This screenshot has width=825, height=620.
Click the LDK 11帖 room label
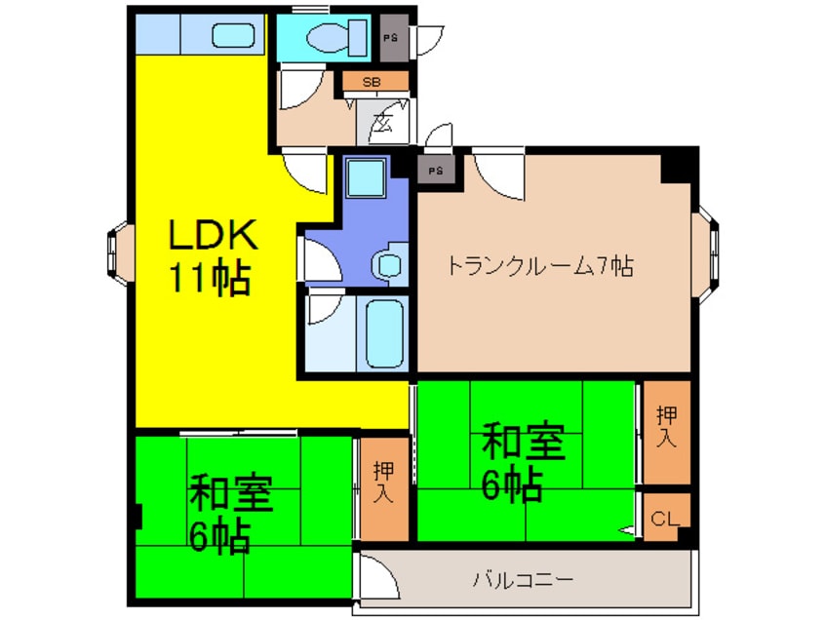(x=214, y=257)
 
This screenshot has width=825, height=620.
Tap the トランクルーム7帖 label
(x=540, y=264)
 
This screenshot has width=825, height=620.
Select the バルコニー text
(x=523, y=580)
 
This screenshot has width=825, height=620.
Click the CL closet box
(x=665, y=518)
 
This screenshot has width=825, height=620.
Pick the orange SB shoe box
(x=372, y=83)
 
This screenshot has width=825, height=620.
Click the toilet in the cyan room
(x=331, y=37)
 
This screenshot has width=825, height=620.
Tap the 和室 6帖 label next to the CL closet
(x=524, y=464)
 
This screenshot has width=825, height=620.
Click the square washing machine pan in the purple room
(x=366, y=178)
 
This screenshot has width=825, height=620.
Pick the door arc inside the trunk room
(x=499, y=176)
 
